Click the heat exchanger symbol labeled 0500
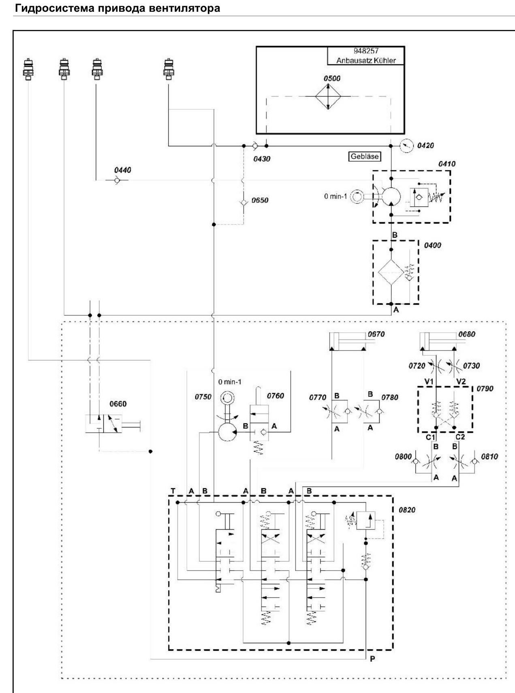pos(328,96)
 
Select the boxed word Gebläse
pos(365,156)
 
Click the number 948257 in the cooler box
pos(365,51)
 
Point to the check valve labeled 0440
pos(117,180)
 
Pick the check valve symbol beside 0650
pos(243,202)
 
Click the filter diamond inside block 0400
pos(391,273)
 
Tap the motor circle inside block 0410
pos(391,197)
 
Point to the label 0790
pos(485,388)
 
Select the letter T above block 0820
pos(173,491)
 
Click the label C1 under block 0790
pos(430,437)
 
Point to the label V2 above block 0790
pos(461,381)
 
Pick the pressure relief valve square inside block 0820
pos(365,521)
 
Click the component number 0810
pos(489,456)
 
